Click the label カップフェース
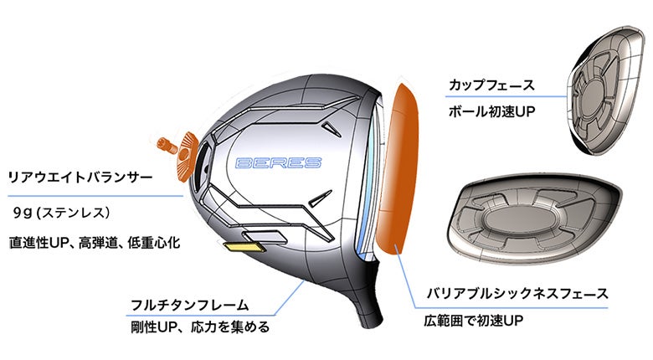click(485, 85)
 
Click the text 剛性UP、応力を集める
click(200, 327)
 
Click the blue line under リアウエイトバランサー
click(92, 195)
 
